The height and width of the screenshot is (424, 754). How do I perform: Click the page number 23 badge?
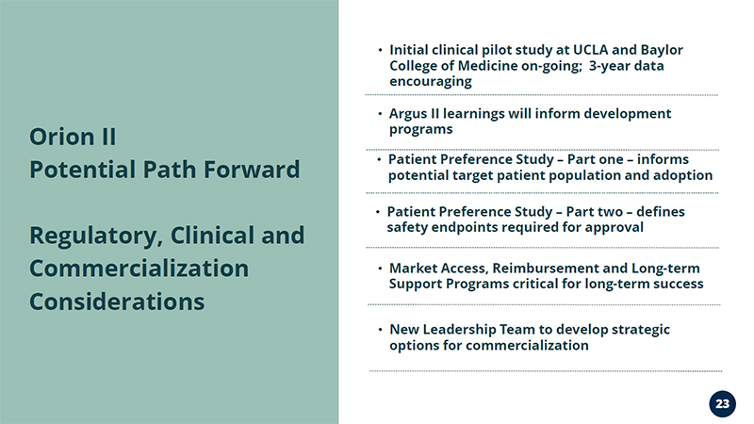(x=722, y=404)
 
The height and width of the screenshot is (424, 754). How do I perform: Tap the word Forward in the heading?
(x=252, y=170)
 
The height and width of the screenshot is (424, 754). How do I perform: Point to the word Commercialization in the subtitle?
(x=139, y=269)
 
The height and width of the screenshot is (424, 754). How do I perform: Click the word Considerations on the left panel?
(x=117, y=302)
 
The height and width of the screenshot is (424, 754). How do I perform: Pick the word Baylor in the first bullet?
(x=662, y=50)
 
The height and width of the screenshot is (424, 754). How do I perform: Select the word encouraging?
(x=431, y=82)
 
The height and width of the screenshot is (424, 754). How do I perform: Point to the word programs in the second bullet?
(x=420, y=130)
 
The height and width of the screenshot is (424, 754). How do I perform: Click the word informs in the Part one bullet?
(x=663, y=159)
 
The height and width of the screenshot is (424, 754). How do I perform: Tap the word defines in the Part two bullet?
(x=661, y=211)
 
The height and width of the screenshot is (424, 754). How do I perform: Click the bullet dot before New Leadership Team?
(x=380, y=330)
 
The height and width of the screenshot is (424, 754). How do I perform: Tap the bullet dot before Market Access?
(x=380, y=269)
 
